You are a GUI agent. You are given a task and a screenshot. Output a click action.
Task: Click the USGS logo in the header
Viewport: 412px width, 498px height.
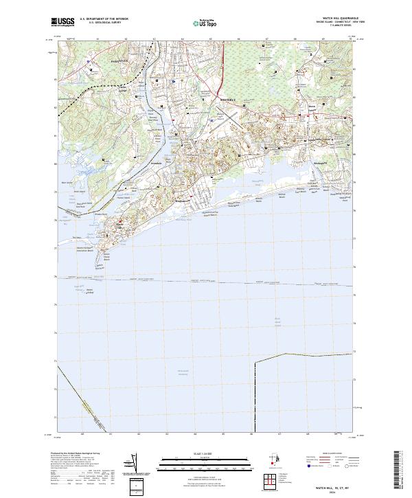tap(62, 22)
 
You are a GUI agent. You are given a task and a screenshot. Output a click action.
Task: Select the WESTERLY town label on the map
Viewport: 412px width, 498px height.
tap(227, 100)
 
